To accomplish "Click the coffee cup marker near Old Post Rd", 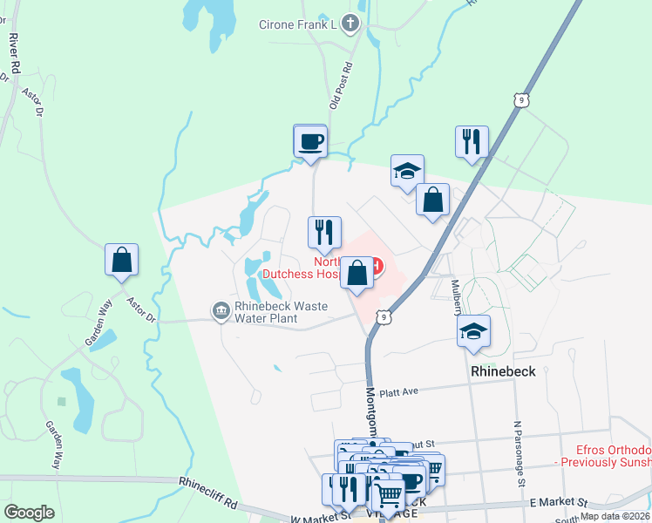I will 310,141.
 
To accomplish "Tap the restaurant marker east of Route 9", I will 472,141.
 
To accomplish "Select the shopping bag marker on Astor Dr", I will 121,260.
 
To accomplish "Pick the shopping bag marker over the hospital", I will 357,274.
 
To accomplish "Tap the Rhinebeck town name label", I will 509,370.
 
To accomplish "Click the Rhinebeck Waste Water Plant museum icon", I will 219,310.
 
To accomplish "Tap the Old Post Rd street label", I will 340,85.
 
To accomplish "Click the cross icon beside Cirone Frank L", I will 350,24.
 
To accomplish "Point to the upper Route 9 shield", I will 520,101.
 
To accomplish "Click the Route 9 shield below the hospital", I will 384,317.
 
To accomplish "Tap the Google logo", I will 29,513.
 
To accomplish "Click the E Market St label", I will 558,504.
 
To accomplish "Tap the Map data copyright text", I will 614,516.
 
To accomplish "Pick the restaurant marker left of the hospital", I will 322,233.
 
